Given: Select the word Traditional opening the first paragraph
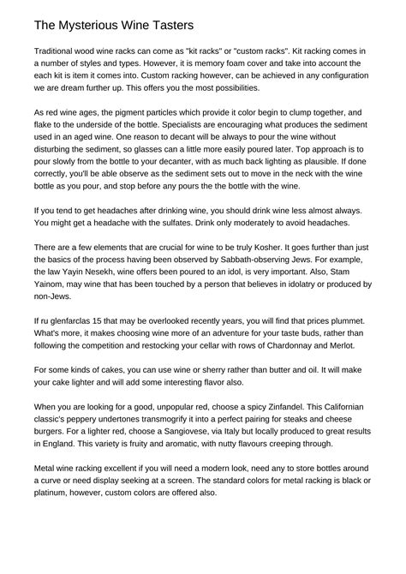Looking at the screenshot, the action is (x=61, y=52).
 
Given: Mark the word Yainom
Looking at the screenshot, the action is (x=53, y=295).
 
